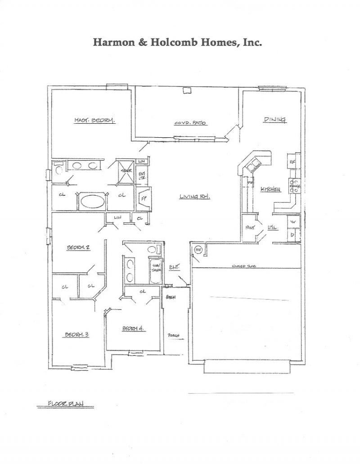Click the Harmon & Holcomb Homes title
177,42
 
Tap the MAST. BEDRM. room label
95,120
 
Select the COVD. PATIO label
191,123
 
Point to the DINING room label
275,119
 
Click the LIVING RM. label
195,196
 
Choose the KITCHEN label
271,190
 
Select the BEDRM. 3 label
76,334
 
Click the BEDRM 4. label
133,329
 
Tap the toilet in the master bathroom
57,170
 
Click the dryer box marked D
293,235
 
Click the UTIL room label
273,228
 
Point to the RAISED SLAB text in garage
244,266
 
